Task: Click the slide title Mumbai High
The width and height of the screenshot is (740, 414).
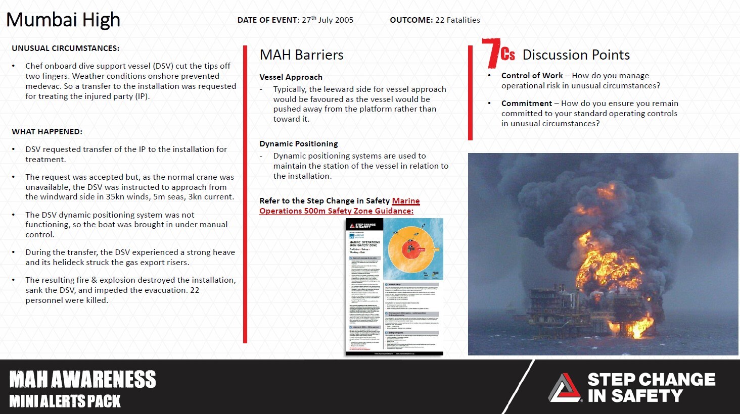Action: pos(63,20)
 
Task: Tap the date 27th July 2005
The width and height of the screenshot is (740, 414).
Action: pos(328,20)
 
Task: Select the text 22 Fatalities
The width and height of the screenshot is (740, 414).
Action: pos(457,20)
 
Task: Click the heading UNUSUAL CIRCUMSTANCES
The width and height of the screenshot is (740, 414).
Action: pos(66,48)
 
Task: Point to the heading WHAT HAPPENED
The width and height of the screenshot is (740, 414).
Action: pos(47,132)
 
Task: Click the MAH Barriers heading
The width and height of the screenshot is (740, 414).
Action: pos(301,55)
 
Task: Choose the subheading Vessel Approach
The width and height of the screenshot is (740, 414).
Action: pos(291,77)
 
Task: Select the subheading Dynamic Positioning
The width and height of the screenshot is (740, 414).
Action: pos(298,144)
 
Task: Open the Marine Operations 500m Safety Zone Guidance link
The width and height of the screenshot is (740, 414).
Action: pos(339,206)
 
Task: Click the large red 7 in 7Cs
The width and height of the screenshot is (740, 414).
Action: pos(490,53)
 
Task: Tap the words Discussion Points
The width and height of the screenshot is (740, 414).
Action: pos(576,55)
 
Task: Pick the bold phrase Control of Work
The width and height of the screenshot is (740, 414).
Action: pos(532,76)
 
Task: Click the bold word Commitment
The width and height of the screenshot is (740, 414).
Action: pos(526,103)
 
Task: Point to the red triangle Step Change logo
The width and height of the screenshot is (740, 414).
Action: pos(565,388)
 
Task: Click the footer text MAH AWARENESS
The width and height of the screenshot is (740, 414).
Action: pos(82,380)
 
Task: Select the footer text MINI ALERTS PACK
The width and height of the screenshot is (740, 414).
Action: pos(65,401)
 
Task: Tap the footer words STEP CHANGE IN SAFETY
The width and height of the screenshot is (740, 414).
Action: pos(651,388)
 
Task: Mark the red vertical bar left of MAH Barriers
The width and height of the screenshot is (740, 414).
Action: pos(245,194)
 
